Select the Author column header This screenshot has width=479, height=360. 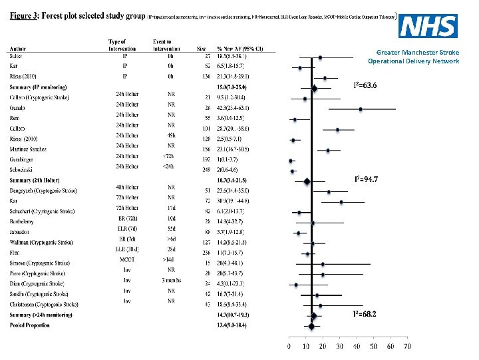[19, 49]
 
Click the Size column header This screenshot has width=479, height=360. [202, 49]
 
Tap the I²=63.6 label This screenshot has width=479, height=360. [365, 85]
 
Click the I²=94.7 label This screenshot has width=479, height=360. [366, 179]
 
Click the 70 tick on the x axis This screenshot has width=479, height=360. [407, 347]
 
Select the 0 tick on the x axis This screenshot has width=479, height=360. [289, 347]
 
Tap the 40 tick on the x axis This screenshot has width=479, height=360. [357, 347]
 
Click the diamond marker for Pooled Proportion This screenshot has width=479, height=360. [311, 326]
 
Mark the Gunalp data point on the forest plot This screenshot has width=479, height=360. [361, 109]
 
